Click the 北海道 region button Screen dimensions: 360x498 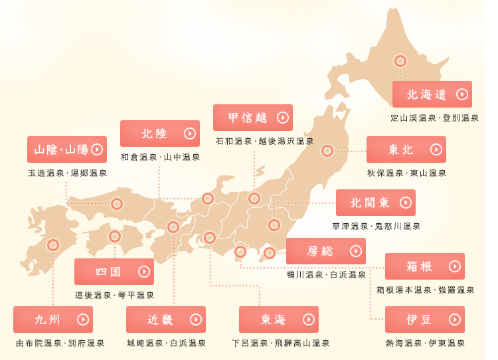click(432, 94)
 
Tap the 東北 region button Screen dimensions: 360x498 click(406, 149)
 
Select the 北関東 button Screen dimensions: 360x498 click(375, 203)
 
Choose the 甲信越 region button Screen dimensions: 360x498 click(252, 118)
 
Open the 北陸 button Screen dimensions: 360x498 click(159, 134)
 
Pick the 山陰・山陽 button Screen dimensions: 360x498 click(66, 149)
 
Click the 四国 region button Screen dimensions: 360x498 click(114, 272)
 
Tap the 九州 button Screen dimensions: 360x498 click(52, 319)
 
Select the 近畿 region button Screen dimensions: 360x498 click(165, 319)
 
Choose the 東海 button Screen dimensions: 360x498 click(278, 319)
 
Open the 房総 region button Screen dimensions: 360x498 click(325, 251)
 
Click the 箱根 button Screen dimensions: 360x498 click(424, 266)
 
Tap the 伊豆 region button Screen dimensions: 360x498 click(424, 319)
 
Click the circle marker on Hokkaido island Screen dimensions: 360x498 click(400, 61)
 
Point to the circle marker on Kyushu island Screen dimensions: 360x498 click(53, 245)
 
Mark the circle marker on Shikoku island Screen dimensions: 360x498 click(115, 236)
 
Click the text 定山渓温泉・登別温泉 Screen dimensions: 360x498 click(434, 118)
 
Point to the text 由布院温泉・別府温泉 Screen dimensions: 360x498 click(60, 343)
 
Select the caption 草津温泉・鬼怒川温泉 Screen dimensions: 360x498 click(376, 226)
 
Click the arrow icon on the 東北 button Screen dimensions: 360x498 click(435, 149)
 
